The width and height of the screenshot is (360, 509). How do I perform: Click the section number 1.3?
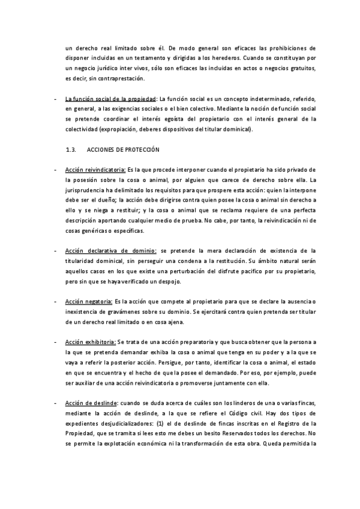coord(73,149)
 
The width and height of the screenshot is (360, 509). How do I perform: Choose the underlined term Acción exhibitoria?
coord(91,341)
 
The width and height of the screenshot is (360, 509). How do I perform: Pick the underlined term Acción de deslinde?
coord(91,402)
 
